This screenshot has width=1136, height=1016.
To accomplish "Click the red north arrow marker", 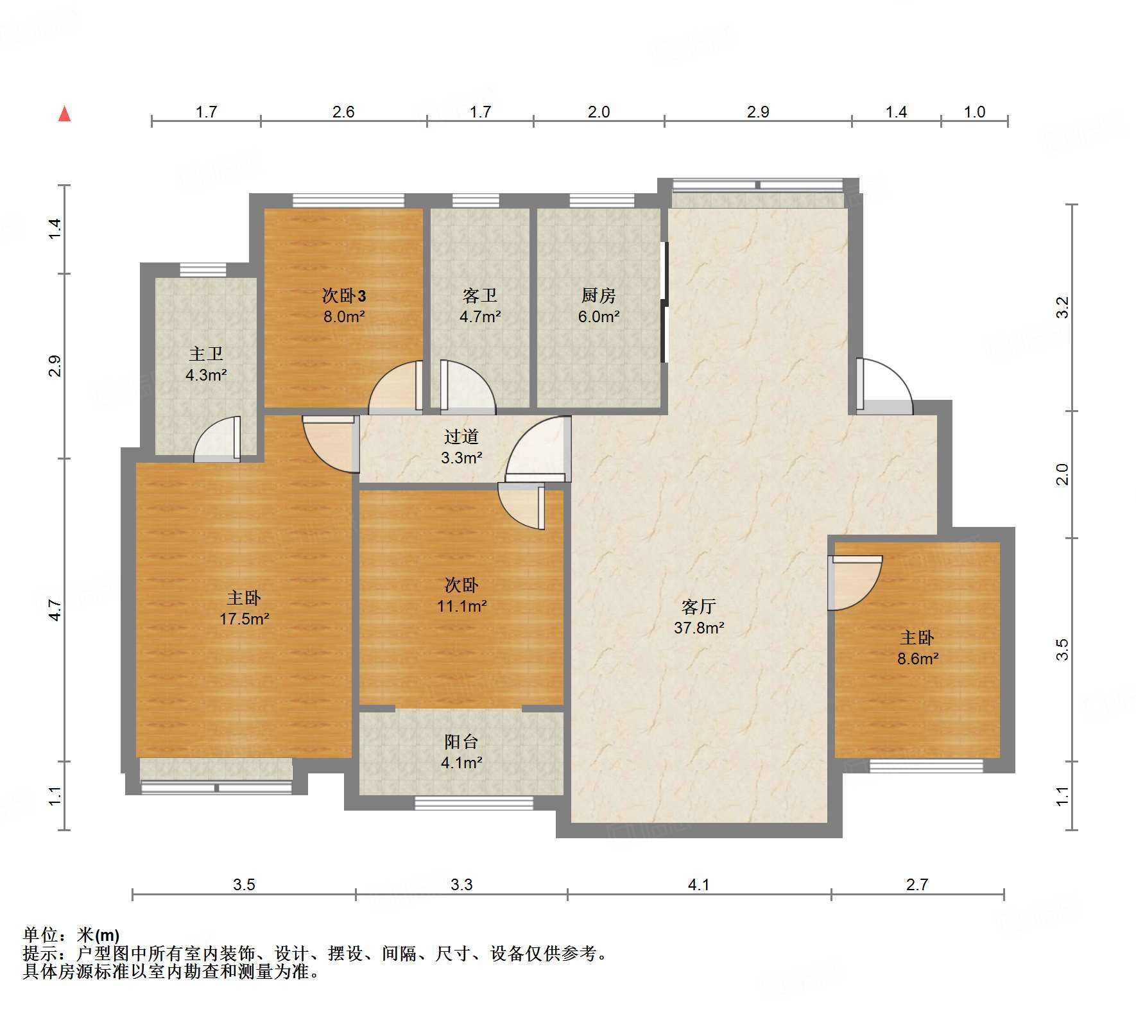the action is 64,114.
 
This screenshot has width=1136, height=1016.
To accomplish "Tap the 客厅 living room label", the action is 698,607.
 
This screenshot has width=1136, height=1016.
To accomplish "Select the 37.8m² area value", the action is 699,628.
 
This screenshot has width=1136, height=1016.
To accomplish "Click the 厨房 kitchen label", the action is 598,295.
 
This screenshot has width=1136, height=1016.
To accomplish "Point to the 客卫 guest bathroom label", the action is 479,295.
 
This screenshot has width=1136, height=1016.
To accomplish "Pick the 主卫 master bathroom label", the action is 205,354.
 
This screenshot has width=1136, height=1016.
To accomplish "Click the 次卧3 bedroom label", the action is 344,295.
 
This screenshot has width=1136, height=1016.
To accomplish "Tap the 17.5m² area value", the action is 244,619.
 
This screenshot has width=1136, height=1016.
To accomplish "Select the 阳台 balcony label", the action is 461,742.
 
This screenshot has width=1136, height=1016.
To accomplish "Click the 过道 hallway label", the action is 461,437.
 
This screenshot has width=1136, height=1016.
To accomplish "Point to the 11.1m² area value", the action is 461,606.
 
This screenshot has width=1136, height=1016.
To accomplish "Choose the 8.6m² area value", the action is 918,659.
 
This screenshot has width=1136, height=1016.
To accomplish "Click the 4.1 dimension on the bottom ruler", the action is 698,885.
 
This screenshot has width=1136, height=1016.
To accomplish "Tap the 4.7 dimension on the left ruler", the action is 55,610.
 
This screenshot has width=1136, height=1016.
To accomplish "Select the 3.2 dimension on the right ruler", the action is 1063,307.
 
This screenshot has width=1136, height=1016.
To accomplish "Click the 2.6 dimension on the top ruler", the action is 343,112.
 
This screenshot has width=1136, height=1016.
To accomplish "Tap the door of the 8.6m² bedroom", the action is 855,583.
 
